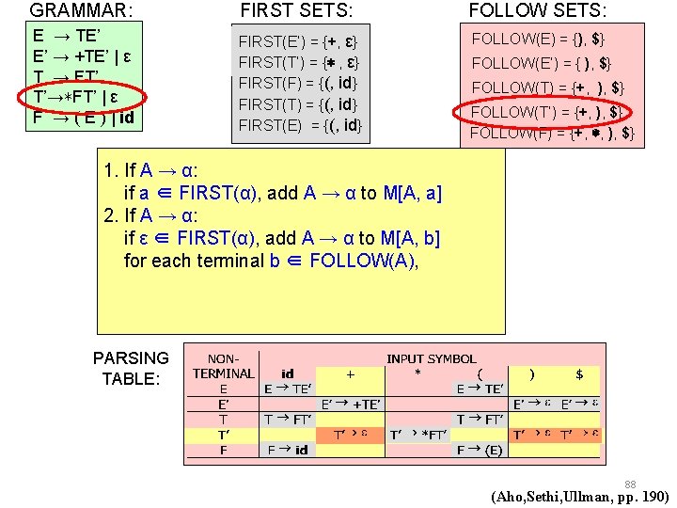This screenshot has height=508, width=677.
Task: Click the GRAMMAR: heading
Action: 82,11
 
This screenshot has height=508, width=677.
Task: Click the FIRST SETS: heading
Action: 297,11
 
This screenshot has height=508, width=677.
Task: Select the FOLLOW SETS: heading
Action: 537,11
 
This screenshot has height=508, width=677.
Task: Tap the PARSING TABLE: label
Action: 131,368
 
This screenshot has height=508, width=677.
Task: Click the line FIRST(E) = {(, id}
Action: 300,124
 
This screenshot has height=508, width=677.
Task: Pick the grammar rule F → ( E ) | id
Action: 83,119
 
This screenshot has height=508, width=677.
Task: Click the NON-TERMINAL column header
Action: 223,366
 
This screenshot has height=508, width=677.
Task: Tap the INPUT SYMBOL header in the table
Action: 431,358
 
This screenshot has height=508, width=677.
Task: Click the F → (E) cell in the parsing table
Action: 480,450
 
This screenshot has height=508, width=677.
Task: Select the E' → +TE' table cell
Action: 351,404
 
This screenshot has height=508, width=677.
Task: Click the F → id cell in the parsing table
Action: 286,450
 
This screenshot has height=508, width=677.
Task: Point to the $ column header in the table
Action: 579,373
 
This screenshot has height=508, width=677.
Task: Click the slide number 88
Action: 630,484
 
